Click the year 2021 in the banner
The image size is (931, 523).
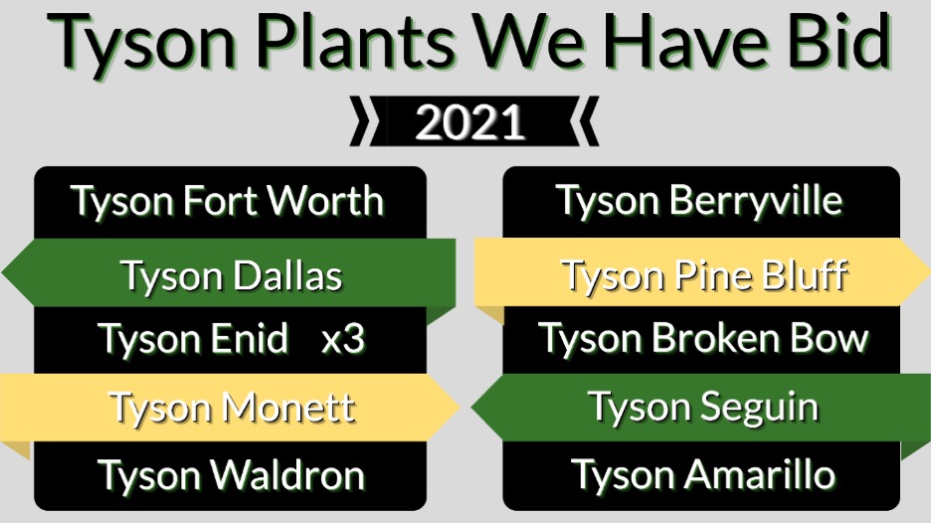[469, 122]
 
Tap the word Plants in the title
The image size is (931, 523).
[355, 43]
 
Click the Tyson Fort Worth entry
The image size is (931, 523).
[227, 201]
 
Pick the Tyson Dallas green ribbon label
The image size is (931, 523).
[232, 276]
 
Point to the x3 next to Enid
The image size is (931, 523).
[342, 340]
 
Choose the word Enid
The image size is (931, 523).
[243, 338]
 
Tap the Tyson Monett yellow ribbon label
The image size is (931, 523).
[232, 408]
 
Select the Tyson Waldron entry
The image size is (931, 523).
[231, 475]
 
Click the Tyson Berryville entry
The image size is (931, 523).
[699, 201]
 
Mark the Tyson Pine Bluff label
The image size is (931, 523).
[704, 276]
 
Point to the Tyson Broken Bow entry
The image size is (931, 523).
[703, 338]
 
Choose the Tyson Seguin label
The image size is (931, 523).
[703, 408]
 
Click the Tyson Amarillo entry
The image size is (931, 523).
[703, 475]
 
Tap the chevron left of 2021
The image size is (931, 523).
[360, 121]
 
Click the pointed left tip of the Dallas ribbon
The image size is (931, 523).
[2, 273]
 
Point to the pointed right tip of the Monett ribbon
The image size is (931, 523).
[460, 408]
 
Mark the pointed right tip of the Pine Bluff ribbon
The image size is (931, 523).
[929, 271]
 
